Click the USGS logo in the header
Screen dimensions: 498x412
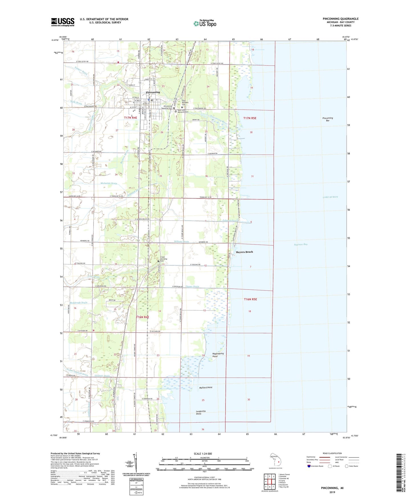[x=62, y=22]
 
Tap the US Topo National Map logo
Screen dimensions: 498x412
[x=204, y=23]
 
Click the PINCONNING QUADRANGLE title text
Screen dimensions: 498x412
[x=340, y=19]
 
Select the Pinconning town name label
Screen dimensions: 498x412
[x=153, y=92]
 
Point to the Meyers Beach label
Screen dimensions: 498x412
[x=244, y=252]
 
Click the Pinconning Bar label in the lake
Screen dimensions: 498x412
[x=328, y=119]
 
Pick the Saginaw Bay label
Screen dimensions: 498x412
[x=301, y=244]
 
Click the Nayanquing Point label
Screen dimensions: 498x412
[x=218, y=355]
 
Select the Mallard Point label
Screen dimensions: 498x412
[x=206, y=387]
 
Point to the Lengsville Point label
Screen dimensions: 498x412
[x=201, y=412]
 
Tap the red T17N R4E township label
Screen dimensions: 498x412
[x=131, y=118]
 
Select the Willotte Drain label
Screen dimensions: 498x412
[x=181, y=242]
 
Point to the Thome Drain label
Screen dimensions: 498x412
[x=192, y=286]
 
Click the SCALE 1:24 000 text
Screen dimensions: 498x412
[x=203, y=454]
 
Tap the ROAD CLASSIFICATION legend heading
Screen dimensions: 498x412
[x=332, y=453]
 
